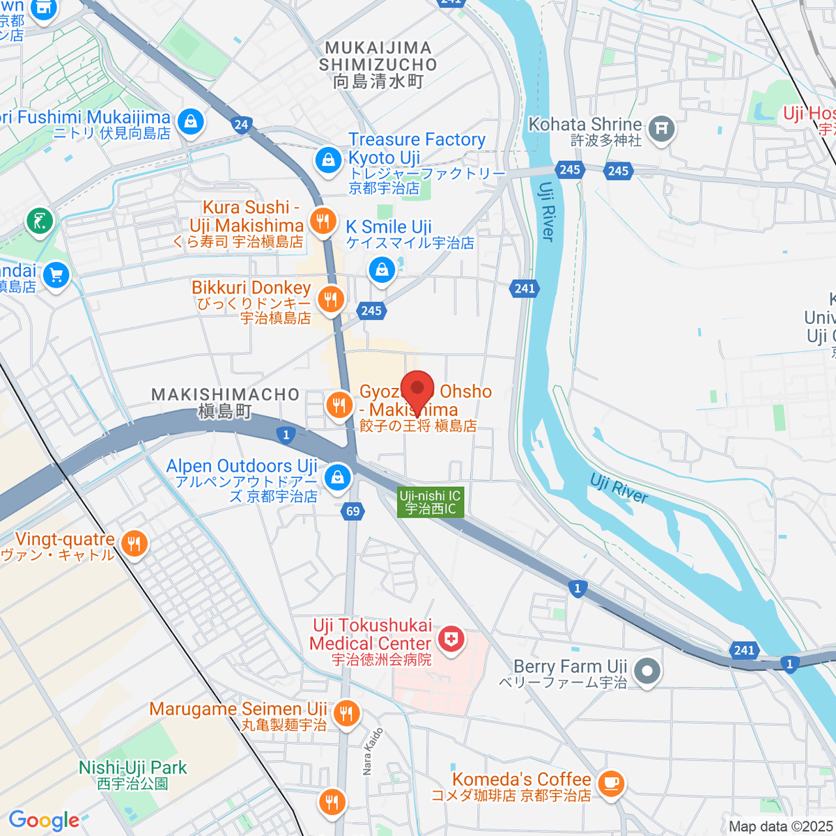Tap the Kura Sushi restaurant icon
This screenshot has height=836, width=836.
click(x=323, y=222)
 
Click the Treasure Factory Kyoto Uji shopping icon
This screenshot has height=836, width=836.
click(x=328, y=160)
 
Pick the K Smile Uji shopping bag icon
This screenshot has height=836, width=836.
click(x=382, y=268)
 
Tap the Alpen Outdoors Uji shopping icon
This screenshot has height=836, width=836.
click(x=338, y=477)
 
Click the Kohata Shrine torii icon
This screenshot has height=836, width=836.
click(x=661, y=128)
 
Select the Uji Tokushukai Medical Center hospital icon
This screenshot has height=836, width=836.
click(x=451, y=638)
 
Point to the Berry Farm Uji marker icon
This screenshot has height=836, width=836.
click(x=647, y=672)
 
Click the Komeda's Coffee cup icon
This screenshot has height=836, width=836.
click(x=611, y=782)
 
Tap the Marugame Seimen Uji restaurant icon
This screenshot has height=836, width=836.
click(x=346, y=713)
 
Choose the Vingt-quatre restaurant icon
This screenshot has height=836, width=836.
click(x=134, y=543)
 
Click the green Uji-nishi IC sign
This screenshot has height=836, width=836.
click(x=431, y=502)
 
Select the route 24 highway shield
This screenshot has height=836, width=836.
click(x=241, y=125)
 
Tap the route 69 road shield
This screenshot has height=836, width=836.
click(x=353, y=511)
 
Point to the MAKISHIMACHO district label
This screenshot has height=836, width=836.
click(x=225, y=403)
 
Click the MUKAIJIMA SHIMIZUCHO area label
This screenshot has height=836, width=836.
click(x=378, y=65)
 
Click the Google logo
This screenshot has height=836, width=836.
click(x=44, y=820)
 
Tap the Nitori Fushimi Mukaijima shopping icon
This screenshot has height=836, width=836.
click(x=190, y=122)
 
